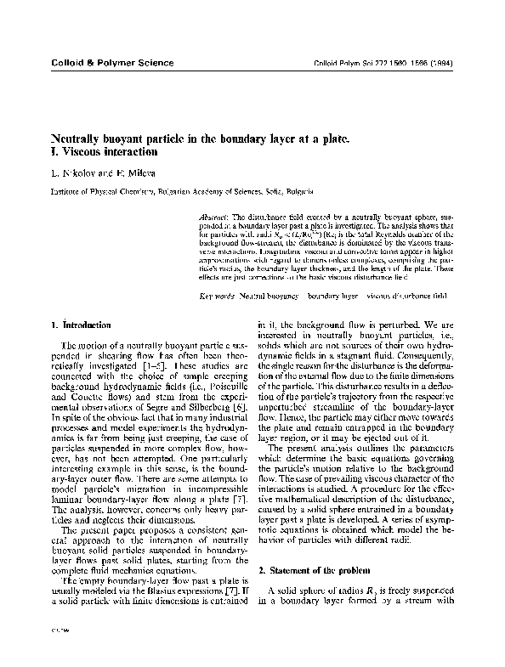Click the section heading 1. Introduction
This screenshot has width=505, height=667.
80,325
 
